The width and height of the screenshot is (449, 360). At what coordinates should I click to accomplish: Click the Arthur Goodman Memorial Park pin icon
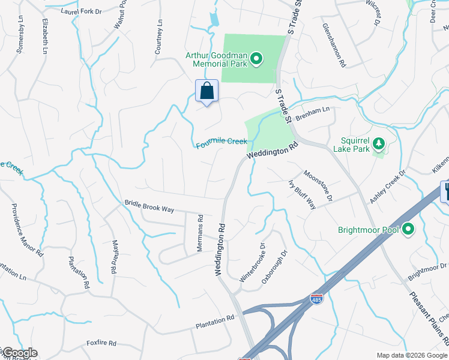[x=256, y=58]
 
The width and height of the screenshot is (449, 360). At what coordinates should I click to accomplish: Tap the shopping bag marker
[x=207, y=92]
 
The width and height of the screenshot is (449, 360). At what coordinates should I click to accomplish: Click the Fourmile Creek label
[x=221, y=143]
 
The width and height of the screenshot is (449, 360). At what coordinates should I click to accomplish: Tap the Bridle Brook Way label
[x=149, y=206]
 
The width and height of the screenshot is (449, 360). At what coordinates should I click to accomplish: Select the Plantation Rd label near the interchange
[x=214, y=322]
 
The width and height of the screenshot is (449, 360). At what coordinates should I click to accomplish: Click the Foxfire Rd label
[x=101, y=344]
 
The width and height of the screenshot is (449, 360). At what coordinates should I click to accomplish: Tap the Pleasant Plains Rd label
[x=429, y=317]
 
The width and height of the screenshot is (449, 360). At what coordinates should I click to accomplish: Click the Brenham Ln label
[x=312, y=112]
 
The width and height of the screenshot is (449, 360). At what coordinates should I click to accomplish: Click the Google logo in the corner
[x=19, y=353]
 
